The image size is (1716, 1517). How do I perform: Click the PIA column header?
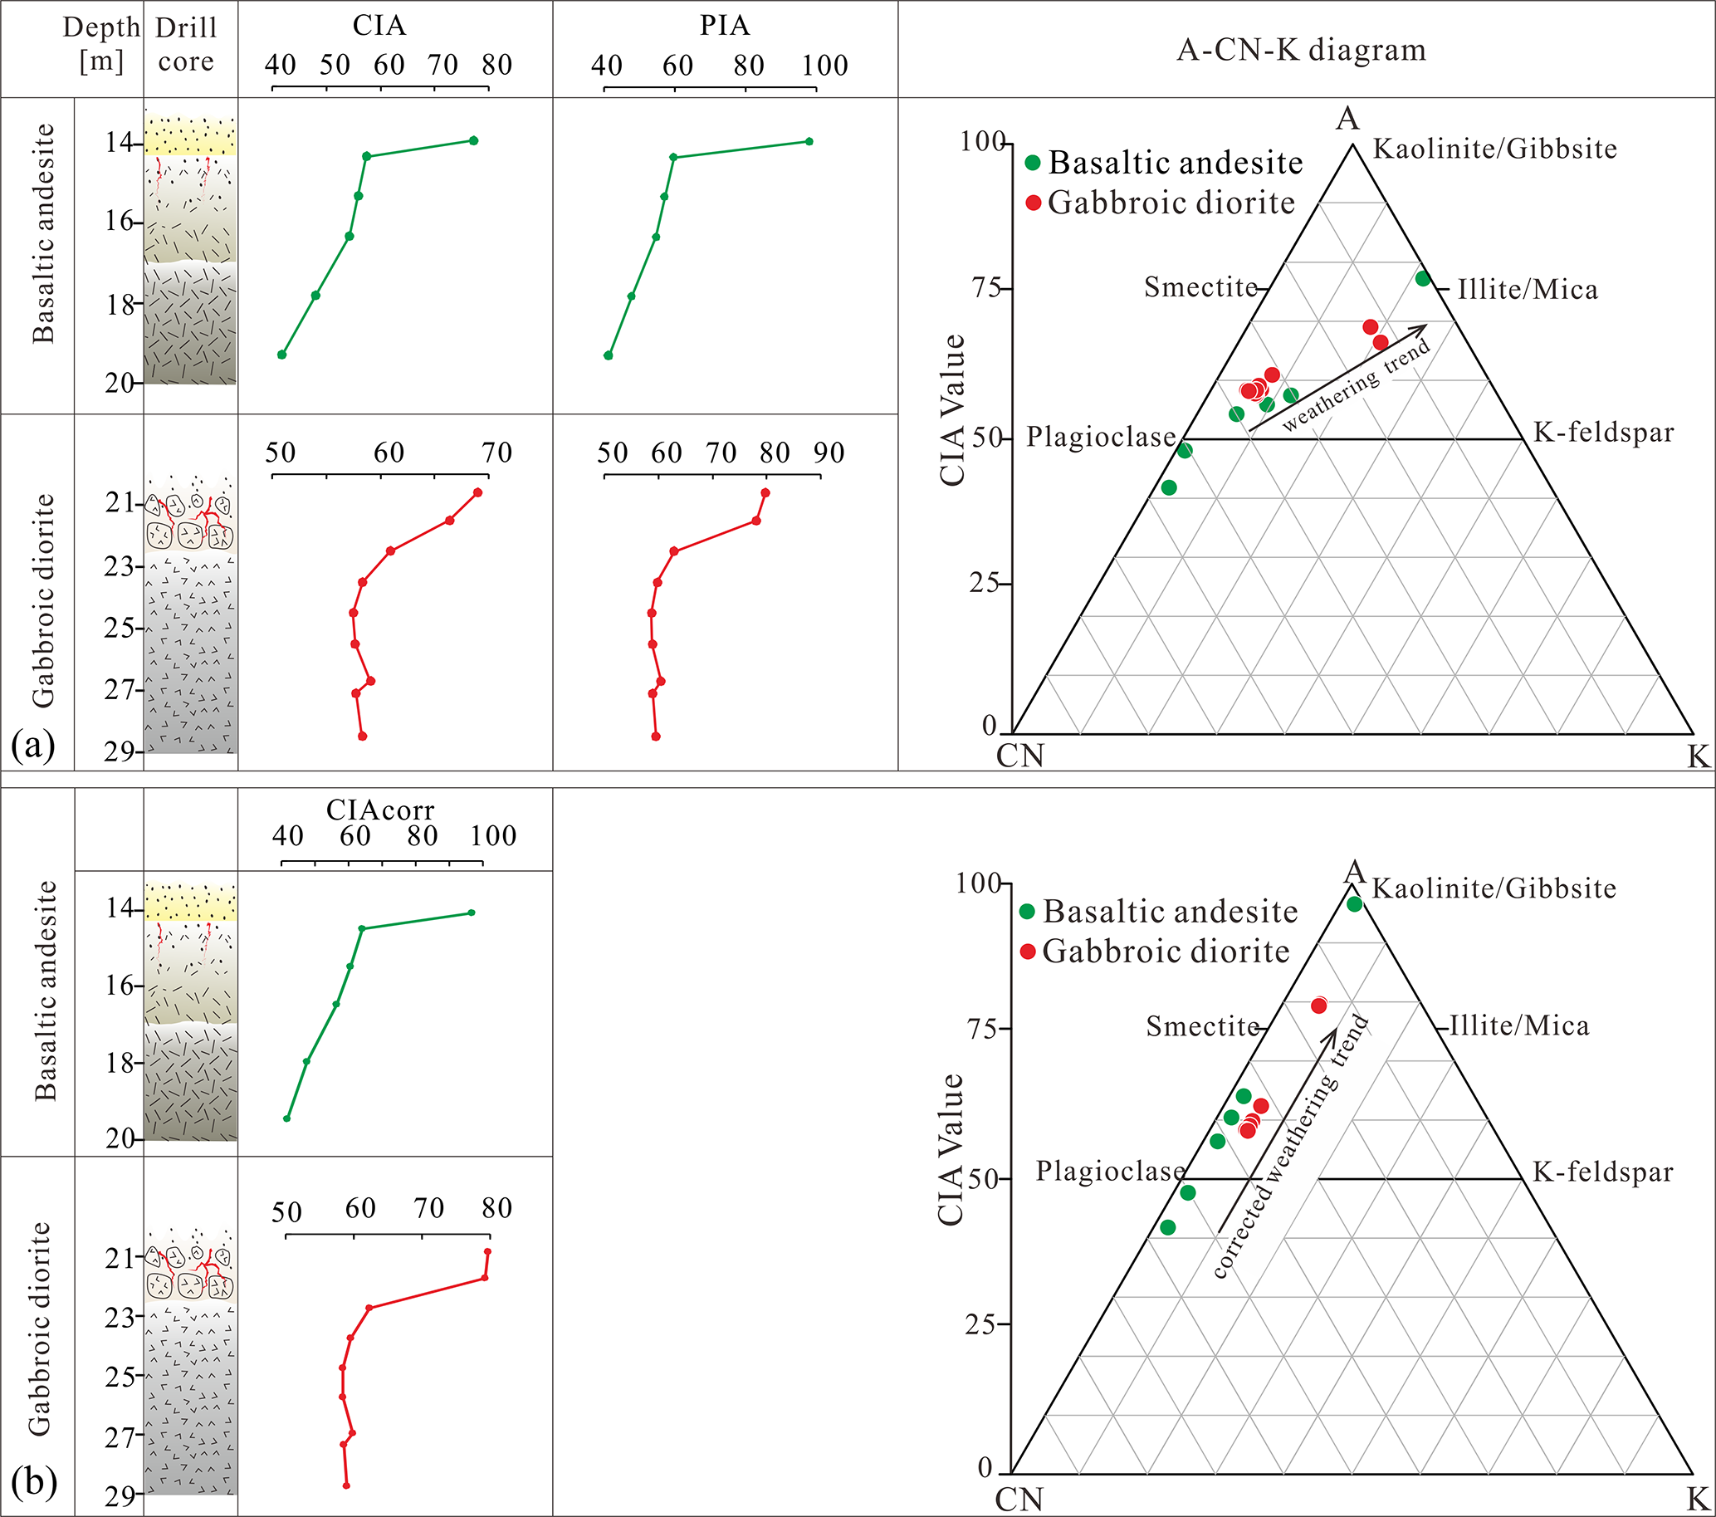(x=725, y=25)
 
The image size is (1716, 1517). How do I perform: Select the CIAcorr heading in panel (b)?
(x=379, y=810)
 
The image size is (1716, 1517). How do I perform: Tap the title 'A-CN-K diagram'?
(x=1301, y=51)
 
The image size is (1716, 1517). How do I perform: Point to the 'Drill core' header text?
(x=186, y=44)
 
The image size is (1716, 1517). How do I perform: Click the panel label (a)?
(x=33, y=744)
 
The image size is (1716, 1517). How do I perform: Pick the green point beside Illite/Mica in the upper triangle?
(x=1423, y=279)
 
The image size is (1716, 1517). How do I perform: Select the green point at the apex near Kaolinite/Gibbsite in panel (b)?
(x=1354, y=904)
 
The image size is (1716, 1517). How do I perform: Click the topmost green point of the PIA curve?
(x=809, y=141)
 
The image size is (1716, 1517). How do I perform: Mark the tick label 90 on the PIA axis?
(x=828, y=453)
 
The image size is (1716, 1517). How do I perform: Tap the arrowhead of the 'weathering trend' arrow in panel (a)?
(x=1422, y=328)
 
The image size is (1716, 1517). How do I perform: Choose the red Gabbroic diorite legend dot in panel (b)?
(x=1028, y=952)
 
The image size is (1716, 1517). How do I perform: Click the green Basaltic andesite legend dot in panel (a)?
(x=1034, y=162)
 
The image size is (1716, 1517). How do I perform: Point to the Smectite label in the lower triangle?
(x=1202, y=1026)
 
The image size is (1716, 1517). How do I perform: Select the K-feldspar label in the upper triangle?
(x=1603, y=433)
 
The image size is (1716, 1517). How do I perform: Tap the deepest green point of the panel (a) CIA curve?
(x=282, y=355)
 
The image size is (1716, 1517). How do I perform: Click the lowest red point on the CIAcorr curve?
(x=346, y=1485)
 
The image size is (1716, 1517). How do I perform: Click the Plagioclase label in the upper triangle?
(x=1101, y=437)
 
